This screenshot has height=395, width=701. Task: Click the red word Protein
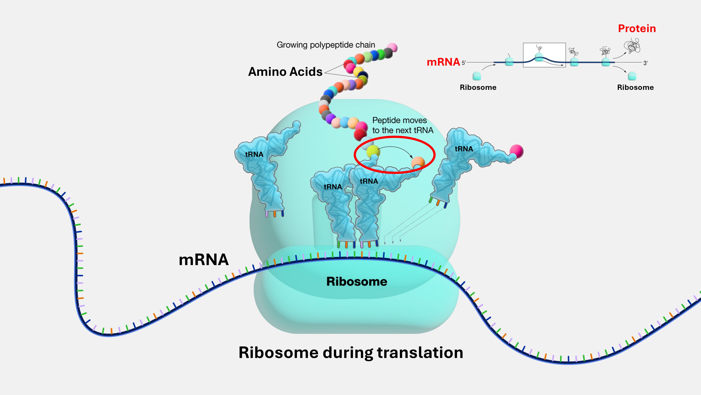pos(637,29)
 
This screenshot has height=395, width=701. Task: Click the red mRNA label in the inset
pos(443,62)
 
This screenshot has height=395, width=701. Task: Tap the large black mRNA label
pos(203,260)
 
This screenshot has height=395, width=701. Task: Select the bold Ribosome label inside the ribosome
pos(357,281)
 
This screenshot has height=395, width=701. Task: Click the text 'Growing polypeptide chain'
pos(326,45)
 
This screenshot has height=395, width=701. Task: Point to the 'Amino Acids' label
pos(285,72)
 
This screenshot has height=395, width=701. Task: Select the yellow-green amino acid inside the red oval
pos(373,151)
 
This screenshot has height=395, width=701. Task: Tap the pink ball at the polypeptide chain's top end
pos(392,47)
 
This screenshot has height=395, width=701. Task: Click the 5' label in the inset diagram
pos(464,63)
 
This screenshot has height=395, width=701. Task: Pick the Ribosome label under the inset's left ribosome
pos(478,87)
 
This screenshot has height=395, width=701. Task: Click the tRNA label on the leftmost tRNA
pos(254,154)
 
